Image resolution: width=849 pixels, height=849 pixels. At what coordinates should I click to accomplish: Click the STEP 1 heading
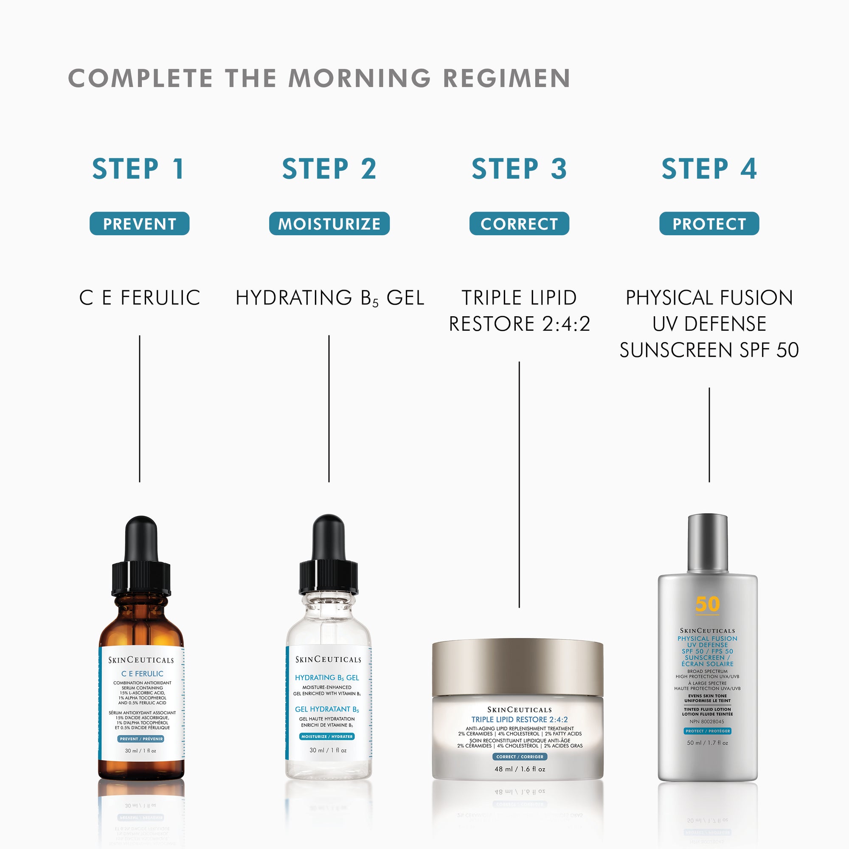138,169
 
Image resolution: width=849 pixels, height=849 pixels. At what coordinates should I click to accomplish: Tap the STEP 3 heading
519,169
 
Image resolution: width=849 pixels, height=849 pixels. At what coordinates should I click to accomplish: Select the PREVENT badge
139,224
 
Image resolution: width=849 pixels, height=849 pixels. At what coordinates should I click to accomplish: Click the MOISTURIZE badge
329,224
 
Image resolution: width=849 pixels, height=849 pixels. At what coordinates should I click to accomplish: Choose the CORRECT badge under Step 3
519,224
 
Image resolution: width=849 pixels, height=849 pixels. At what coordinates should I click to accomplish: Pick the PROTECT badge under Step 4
709,224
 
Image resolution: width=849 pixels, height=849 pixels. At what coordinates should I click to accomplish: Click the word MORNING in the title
360,78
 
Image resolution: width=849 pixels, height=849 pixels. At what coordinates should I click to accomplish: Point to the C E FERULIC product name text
139,298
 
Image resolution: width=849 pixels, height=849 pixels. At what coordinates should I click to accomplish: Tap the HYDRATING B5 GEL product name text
329,298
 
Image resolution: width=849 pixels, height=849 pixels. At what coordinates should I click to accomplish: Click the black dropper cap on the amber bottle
141,558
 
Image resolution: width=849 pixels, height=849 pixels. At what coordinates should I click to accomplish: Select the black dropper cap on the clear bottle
328,556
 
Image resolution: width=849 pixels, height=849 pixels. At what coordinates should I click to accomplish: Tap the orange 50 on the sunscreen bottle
708,604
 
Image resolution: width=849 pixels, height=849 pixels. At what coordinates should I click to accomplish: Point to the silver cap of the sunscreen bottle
708,543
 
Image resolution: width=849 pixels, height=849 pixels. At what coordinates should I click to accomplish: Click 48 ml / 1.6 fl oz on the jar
520,769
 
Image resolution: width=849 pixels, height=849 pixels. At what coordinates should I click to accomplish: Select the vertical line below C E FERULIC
140,409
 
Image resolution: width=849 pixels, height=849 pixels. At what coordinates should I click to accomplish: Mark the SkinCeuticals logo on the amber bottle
141,660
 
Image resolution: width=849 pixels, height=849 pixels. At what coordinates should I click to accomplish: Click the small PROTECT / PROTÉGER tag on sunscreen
708,731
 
